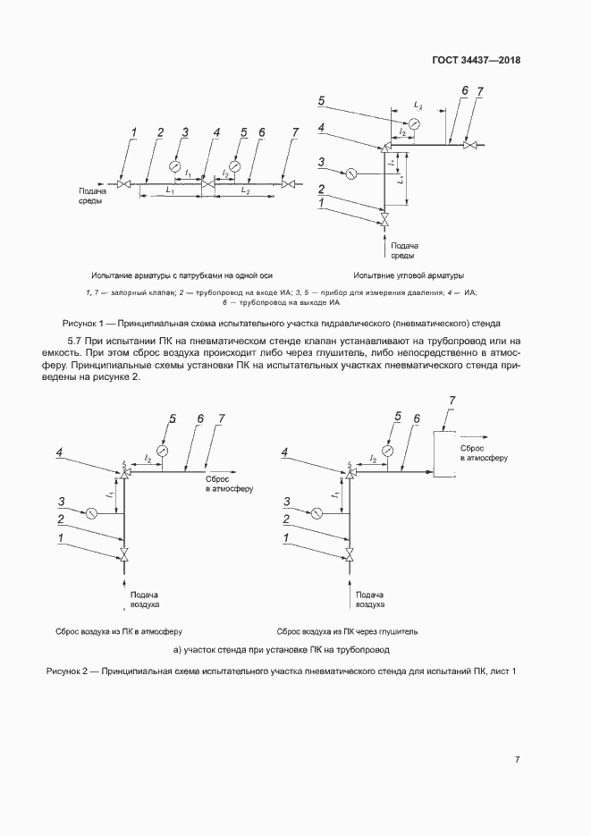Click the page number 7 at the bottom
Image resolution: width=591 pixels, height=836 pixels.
click(x=517, y=760)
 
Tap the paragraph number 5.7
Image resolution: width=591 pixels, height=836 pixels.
click(x=76, y=342)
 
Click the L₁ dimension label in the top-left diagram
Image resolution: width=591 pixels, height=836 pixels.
click(x=170, y=191)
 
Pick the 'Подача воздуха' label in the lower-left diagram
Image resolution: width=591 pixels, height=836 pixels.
click(x=144, y=599)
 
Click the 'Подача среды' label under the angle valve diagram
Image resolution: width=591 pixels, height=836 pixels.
click(x=407, y=250)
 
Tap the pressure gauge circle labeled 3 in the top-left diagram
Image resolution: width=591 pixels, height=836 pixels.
click(x=175, y=167)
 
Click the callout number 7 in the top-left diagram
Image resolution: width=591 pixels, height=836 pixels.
click(x=296, y=133)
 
